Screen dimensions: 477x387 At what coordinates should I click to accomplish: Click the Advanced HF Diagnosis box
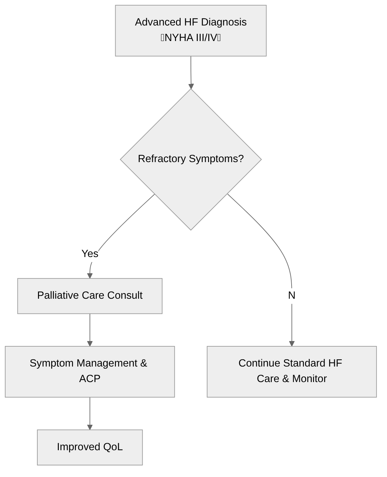(191, 30)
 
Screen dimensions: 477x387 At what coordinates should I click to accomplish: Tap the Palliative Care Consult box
(89, 296)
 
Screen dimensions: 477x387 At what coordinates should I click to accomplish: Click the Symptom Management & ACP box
(89, 371)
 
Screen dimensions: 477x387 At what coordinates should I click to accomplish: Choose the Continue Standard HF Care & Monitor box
(292, 371)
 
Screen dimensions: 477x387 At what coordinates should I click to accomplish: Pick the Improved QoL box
(89, 447)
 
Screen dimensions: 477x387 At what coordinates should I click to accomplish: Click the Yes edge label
(90, 254)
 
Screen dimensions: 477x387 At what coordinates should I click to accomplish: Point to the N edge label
(292, 295)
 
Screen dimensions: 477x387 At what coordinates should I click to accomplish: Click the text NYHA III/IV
(191, 38)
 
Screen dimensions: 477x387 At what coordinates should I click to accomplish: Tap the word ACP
(89, 379)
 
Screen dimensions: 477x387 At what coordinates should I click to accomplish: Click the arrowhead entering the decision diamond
(191, 86)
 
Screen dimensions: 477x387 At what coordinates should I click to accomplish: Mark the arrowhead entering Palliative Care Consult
(90, 276)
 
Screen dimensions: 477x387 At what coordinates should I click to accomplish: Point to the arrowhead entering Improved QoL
(90, 427)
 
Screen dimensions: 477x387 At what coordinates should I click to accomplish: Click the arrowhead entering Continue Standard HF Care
(292, 343)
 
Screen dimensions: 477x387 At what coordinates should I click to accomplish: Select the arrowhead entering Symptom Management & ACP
(90, 343)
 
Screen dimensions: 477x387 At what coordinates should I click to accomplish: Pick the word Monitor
(309, 379)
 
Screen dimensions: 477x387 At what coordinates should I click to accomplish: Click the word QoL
(113, 447)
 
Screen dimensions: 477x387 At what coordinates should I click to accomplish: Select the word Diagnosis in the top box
(224, 22)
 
